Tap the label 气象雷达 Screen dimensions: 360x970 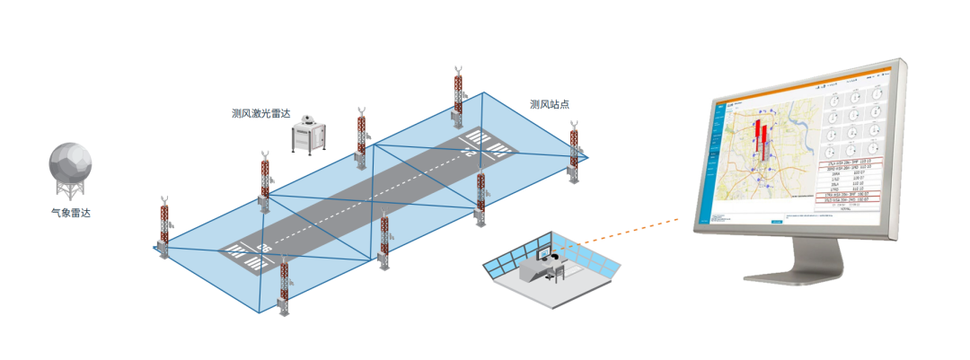70,214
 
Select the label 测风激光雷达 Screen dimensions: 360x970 261,114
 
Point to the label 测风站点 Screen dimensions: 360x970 550,105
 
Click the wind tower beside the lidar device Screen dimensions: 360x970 361,135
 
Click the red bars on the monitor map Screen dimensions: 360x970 762,136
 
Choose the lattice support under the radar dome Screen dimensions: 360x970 70,191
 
